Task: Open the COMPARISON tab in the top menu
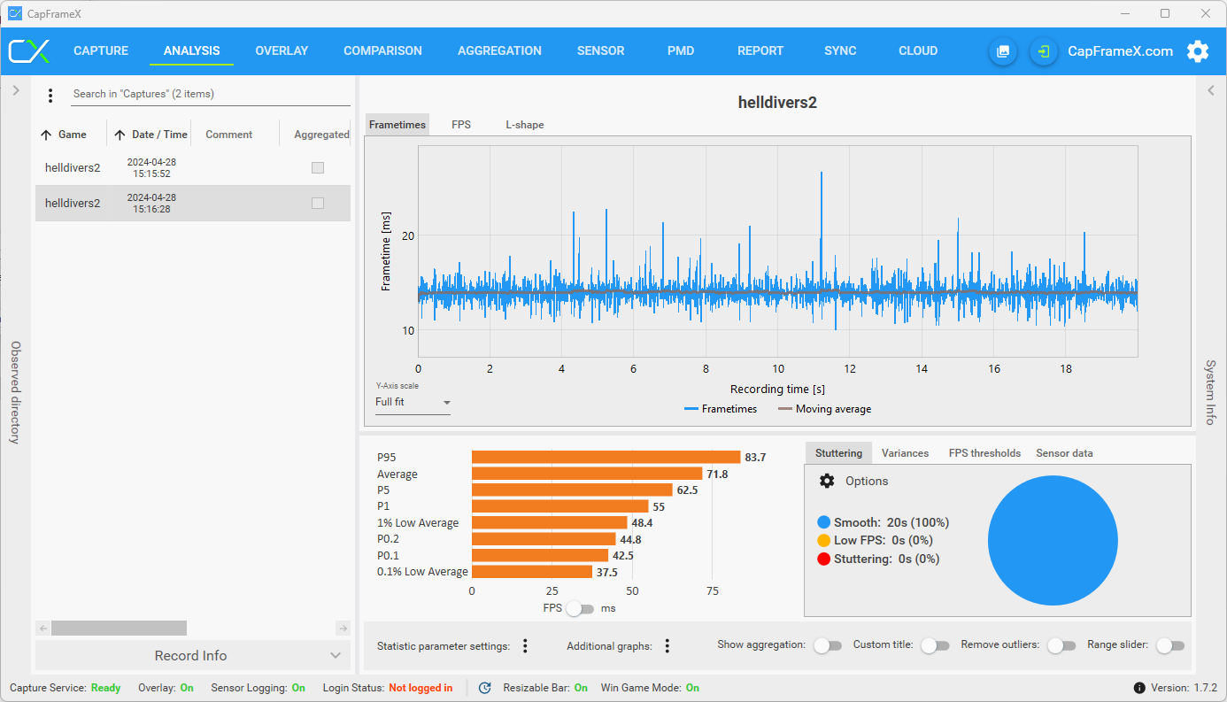tap(382, 51)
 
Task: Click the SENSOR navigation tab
tap(600, 51)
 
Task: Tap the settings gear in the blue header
tap(1198, 51)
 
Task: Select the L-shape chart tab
tap(524, 125)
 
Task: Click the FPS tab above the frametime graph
tap(460, 125)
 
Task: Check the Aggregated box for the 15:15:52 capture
tap(318, 167)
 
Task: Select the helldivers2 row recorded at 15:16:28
tap(193, 203)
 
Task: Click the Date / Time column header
tap(159, 135)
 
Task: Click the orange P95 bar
tap(606, 458)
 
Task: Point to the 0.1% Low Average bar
tap(531, 572)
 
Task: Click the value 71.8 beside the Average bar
tap(717, 474)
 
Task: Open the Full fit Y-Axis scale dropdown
tap(413, 403)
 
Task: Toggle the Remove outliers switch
tap(1061, 645)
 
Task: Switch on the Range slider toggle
tap(1170, 645)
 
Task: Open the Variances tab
tap(905, 453)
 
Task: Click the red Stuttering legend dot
tap(823, 559)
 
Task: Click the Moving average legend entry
tap(824, 409)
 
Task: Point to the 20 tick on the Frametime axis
tap(408, 236)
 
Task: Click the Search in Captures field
tap(211, 94)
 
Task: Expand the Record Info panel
tap(193, 655)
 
